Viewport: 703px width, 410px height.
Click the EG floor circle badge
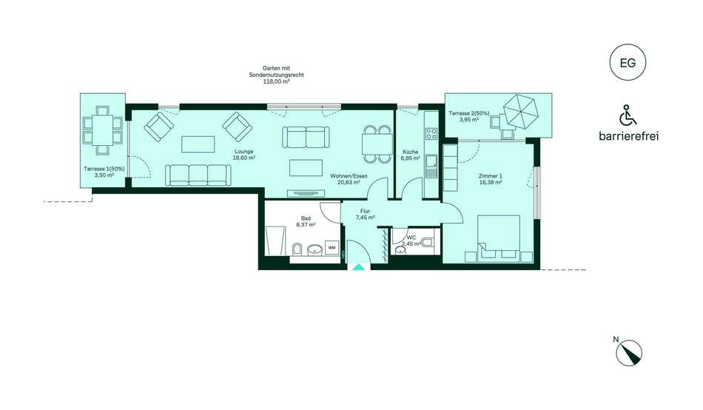pyautogui.click(x=628, y=62)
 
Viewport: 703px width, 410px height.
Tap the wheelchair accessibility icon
pyautogui.click(x=628, y=115)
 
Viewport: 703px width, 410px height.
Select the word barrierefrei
pyautogui.click(x=628, y=136)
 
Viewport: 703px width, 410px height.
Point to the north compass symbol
pyautogui.click(x=628, y=352)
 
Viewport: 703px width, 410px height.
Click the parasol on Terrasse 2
pyautogui.click(x=520, y=111)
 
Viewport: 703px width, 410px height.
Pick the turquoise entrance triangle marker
pyautogui.click(x=358, y=267)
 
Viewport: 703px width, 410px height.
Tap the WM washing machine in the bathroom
pyautogui.click(x=332, y=248)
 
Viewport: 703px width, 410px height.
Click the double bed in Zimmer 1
pyautogui.click(x=499, y=238)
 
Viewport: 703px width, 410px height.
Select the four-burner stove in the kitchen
pyautogui.click(x=431, y=133)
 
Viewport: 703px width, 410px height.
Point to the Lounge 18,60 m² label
pyautogui.click(x=243, y=155)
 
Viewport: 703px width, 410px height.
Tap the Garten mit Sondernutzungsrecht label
pyautogui.click(x=276, y=75)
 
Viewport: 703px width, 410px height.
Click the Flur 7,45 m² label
pyautogui.click(x=365, y=215)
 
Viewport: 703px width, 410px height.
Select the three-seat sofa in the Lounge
pyautogui.click(x=198, y=175)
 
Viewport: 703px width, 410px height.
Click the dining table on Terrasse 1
pyautogui.click(x=103, y=130)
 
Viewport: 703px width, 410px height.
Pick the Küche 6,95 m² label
pyautogui.click(x=410, y=155)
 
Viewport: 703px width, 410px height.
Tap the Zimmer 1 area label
pyautogui.click(x=490, y=179)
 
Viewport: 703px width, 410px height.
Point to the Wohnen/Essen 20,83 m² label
pyautogui.click(x=349, y=179)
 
